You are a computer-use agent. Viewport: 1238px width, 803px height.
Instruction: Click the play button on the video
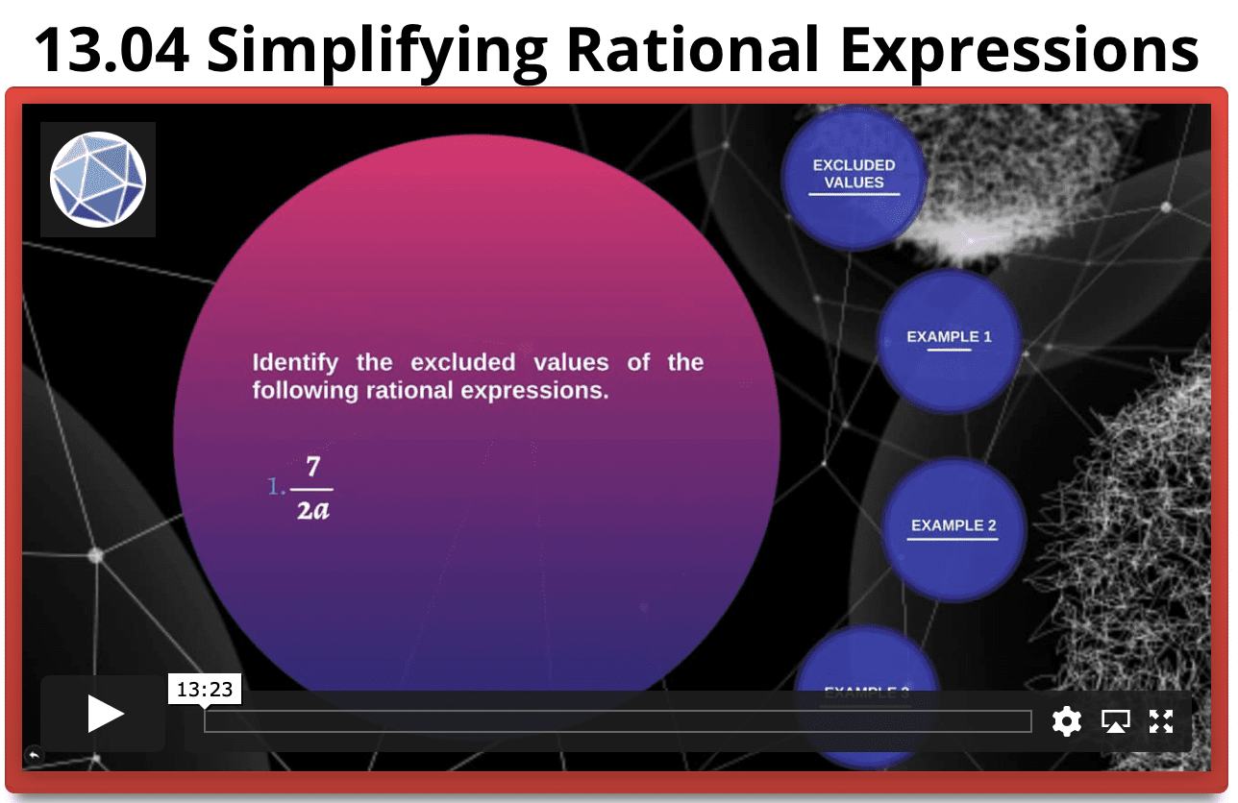(104, 715)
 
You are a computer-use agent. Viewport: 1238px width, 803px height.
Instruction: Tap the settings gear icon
(1067, 720)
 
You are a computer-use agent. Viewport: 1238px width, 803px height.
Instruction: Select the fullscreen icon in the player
(1161, 720)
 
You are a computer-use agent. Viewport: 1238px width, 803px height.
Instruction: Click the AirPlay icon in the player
(1115, 720)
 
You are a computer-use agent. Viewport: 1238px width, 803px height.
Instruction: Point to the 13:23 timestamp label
(205, 689)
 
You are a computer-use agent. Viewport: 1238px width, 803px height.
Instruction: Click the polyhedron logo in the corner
(98, 180)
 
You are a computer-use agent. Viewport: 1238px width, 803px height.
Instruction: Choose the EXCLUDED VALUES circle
(854, 178)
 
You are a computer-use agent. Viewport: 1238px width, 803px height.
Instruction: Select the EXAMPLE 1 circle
(949, 339)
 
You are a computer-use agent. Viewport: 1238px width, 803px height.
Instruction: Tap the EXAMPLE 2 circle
(953, 527)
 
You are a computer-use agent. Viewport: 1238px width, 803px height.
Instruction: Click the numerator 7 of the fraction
(312, 468)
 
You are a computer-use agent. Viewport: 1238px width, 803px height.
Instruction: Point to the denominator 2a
(312, 509)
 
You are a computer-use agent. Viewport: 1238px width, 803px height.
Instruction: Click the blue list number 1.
(275, 488)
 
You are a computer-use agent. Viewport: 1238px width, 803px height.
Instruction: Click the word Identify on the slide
(295, 363)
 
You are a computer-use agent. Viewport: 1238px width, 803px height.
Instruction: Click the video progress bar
(617, 721)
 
